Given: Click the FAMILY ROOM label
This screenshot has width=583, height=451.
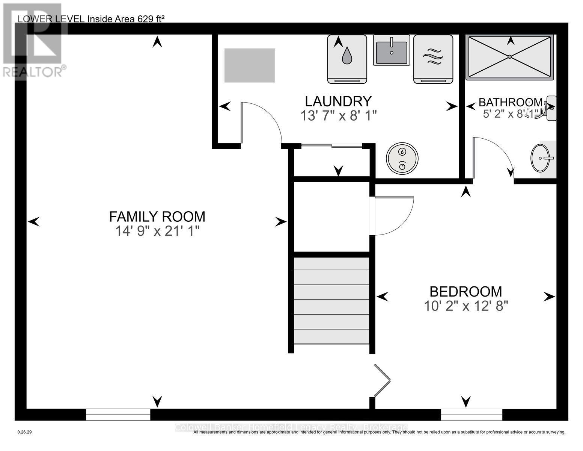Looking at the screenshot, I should (x=157, y=216).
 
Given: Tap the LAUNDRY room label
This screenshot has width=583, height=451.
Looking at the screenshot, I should (x=338, y=101).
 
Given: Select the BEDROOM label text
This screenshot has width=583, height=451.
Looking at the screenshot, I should (x=465, y=292).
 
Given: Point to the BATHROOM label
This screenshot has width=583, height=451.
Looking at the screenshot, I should (x=510, y=102).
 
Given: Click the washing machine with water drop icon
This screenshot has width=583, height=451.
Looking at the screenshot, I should (x=347, y=59).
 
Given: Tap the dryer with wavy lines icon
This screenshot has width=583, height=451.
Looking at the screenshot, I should (x=433, y=59).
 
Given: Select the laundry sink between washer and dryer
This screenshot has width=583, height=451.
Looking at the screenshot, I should (x=391, y=50).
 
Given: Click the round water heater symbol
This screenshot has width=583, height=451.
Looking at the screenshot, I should (x=402, y=158).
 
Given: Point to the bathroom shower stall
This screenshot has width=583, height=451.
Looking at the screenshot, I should (x=509, y=57).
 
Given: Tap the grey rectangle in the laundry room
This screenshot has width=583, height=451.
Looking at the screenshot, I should (x=249, y=65).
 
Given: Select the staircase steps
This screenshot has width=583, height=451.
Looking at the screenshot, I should (x=331, y=301).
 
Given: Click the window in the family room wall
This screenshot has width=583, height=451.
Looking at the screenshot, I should (x=118, y=415).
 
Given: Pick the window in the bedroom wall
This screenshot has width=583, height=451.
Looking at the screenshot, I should (x=471, y=415).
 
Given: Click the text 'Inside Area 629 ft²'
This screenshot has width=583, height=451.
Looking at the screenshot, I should (x=126, y=19).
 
